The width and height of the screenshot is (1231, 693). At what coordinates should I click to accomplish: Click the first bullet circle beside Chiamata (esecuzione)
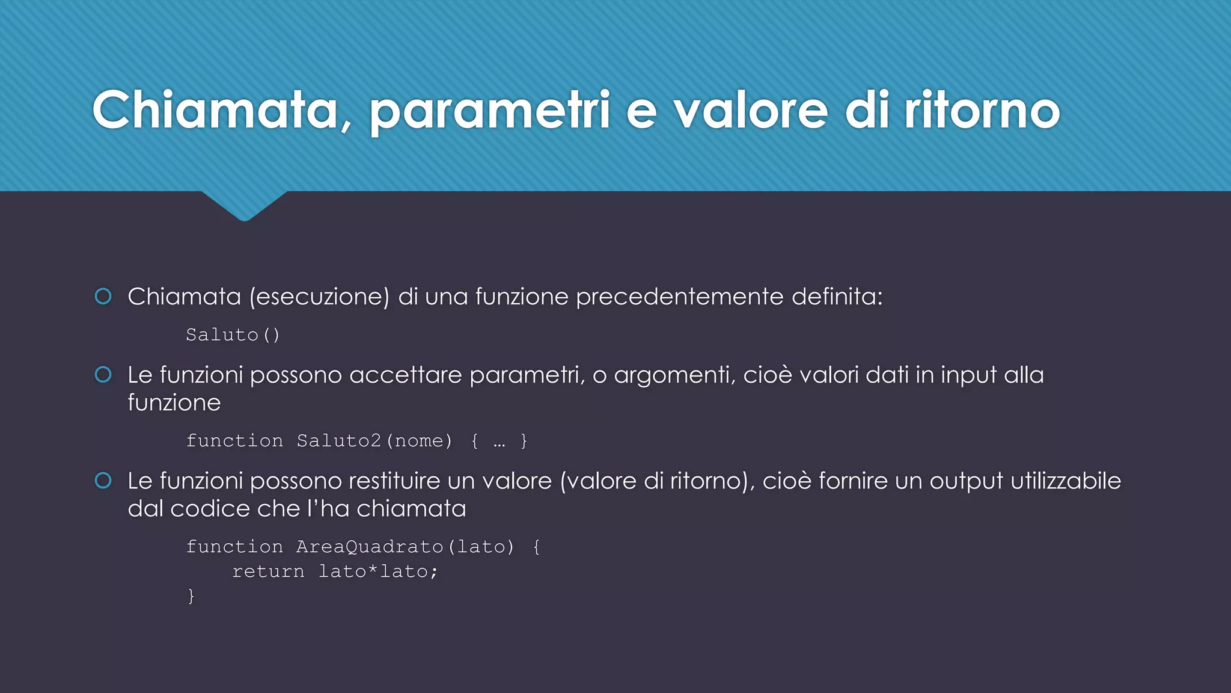103,297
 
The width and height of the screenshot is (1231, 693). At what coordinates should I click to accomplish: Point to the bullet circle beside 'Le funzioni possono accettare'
103,375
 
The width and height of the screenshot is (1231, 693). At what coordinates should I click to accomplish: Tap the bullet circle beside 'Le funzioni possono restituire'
103,481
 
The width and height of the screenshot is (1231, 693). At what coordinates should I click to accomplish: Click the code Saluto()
233,334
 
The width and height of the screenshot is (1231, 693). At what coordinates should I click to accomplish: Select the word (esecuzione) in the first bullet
319,297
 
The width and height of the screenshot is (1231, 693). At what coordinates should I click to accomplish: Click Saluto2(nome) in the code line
374,441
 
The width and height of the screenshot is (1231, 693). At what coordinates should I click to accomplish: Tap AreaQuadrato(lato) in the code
406,547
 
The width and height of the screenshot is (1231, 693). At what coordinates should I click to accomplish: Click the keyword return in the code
268,571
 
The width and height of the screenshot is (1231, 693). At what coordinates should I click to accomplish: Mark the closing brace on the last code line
191,596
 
